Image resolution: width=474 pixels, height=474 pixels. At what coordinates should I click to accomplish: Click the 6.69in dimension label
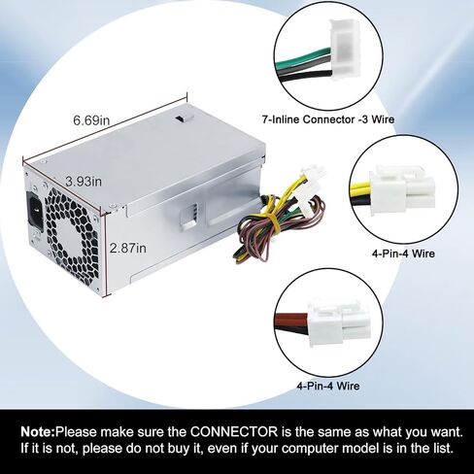click(x=91, y=120)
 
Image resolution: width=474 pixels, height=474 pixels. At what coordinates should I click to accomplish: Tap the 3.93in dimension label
click(x=84, y=182)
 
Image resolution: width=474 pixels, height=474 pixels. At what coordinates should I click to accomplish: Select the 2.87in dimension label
click(x=128, y=249)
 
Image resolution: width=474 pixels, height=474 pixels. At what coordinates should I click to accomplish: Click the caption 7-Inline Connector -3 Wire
click(x=328, y=119)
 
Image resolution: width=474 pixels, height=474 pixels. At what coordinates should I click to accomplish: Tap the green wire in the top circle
click(x=304, y=58)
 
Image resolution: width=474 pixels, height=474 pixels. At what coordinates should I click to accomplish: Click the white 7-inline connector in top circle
click(x=346, y=50)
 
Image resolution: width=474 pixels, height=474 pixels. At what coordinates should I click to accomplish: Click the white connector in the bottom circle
click(x=337, y=322)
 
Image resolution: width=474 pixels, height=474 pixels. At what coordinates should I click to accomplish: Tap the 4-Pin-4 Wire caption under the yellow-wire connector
click(x=403, y=254)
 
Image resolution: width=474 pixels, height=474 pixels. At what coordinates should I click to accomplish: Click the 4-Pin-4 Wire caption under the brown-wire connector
click(x=328, y=386)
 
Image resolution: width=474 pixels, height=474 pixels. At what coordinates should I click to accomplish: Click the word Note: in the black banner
click(x=38, y=432)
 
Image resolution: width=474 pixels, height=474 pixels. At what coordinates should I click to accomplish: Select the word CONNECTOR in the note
click(x=234, y=432)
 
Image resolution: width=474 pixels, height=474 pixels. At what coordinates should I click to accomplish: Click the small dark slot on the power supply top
click(x=185, y=118)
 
